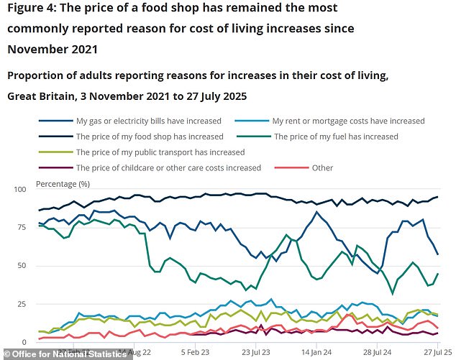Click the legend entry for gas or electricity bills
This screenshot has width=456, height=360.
pyautogui.click(x=147, y=121)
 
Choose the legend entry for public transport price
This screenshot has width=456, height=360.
pyautogui.click(x=160, y=152)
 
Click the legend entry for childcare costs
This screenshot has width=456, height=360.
pyautogui.click(x=168, y=167)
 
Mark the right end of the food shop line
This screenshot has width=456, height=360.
pyautogui.click(x=438, y=197)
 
